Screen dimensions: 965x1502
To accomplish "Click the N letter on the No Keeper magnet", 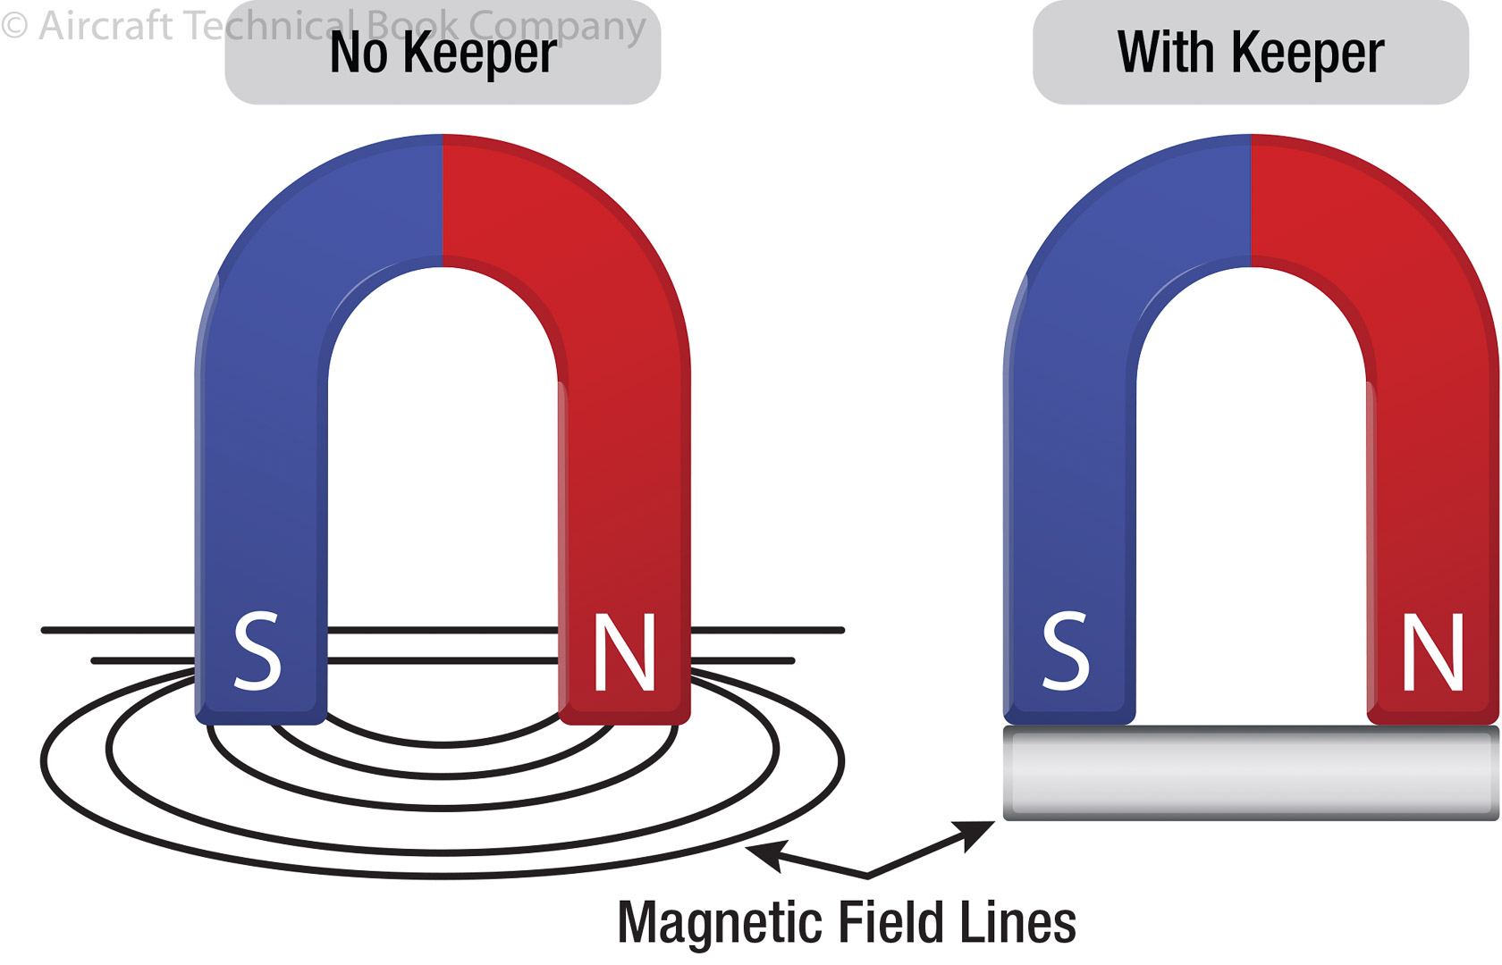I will pos(624,651).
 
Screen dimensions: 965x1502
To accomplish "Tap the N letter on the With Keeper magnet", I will pos(1432,651).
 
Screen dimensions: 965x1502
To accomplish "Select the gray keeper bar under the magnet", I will pos(1250,773).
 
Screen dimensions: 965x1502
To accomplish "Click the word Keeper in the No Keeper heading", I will pos(479,53).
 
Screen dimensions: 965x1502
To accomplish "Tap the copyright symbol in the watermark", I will pos(14,26).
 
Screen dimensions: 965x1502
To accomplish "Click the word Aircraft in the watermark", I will pos(105,26).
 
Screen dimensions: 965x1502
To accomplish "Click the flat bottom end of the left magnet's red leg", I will pos(624,717).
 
